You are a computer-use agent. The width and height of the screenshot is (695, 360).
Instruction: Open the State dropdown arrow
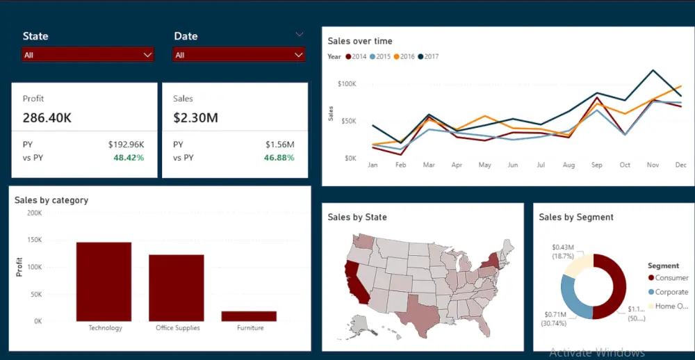point(147,55)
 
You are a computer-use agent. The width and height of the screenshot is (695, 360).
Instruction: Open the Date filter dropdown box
point(239,55)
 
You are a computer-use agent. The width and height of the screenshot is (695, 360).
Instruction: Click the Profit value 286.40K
point(47,117)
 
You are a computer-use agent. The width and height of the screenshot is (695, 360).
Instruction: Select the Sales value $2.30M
point(195,117)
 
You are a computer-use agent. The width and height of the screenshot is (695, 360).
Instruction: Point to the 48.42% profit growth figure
point(129,158)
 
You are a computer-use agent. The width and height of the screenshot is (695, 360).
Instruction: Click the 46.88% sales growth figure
point(279,158)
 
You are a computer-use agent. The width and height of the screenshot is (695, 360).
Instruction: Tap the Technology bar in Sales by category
point(104,281)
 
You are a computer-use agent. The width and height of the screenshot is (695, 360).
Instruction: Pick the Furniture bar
point(249,316)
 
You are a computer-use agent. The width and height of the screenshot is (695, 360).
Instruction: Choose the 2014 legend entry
point(356,56)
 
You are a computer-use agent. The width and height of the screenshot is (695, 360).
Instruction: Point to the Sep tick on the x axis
point(597,165)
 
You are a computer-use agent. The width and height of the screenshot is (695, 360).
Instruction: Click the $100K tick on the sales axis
point(346,83)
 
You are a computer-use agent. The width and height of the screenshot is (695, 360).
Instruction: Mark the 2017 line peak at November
point(653,70)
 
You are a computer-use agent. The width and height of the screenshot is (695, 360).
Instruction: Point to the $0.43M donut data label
point(563,247)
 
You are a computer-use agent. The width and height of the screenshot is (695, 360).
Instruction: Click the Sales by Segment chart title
point(575,217)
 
